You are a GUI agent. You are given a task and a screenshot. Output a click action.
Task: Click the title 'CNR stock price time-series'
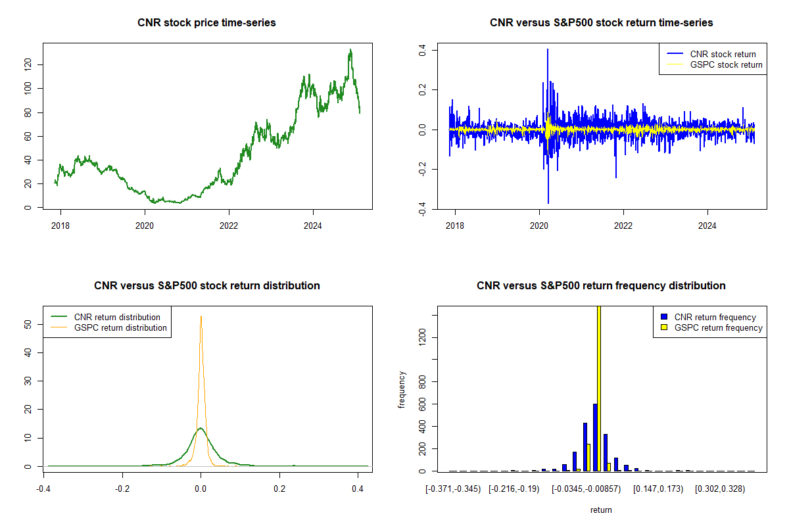[x=206, y=23]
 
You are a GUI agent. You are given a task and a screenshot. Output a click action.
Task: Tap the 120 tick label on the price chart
[x=28, y=64]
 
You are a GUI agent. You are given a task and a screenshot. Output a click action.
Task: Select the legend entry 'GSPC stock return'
[x=726, y=64]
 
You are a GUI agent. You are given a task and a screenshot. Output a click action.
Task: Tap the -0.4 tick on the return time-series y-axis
[x=423, y=208]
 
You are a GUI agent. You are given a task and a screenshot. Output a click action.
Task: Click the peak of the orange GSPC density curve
[x=201, y=317]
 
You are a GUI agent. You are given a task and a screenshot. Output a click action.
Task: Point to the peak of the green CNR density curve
[x=201, y=428]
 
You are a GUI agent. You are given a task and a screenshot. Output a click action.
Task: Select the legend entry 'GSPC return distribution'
[x=120, y=327]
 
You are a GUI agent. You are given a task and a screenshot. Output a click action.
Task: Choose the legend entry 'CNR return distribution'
[x=117, y=317]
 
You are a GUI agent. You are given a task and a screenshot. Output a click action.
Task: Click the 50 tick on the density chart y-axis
[x=28, y=324]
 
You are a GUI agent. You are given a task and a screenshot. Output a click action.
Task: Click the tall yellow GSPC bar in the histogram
[x=599, y=388]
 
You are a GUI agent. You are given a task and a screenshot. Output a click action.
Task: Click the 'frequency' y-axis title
[x=402, y=389]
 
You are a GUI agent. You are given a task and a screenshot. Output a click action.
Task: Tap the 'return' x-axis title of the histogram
[x=601, y=510]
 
